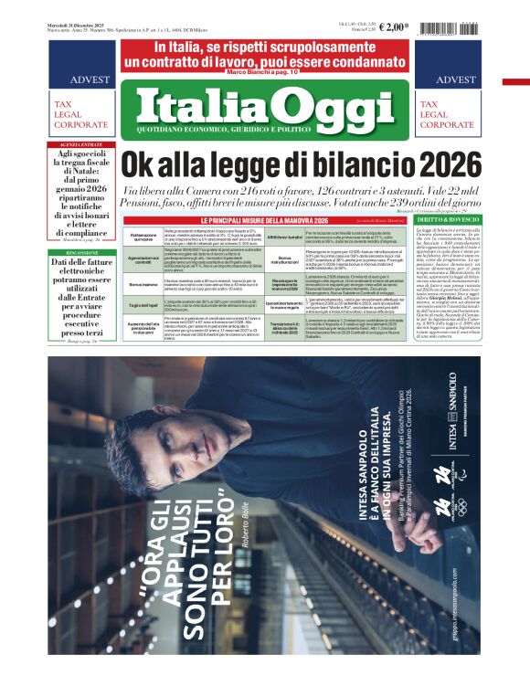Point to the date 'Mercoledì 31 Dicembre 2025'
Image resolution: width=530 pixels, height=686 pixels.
pos(83,24)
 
